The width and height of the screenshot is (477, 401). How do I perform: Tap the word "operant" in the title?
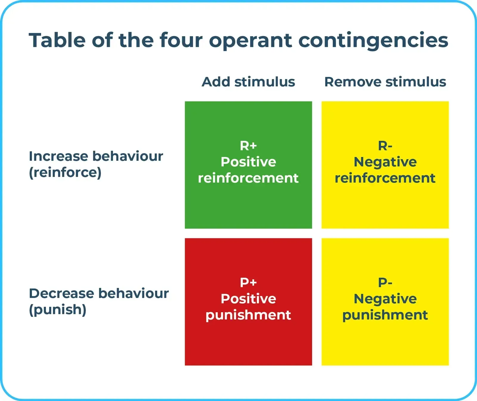point(251,41)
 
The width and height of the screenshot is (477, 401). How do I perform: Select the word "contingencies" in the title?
point(373,41)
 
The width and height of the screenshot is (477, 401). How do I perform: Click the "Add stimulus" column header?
point(248,82)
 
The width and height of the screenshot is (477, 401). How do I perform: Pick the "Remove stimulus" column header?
point(385,82)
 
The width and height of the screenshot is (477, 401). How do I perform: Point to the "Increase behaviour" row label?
point(96,156)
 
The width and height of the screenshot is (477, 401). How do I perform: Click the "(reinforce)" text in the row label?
point(65,172)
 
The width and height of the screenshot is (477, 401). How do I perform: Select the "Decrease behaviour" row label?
point(99,293)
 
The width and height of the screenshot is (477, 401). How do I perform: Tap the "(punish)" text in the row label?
point(58,310)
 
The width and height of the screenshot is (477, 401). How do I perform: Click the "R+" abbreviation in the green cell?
point(248,146)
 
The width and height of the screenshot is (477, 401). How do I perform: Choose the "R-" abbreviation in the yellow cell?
point(385,146)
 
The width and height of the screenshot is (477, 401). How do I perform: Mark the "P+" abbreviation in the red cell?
point(248,282)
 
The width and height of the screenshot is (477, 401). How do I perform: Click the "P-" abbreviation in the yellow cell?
point(385,282)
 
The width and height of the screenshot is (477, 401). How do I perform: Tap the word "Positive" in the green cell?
point(248,162)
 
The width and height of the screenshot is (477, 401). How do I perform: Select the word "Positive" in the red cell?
point(248,299)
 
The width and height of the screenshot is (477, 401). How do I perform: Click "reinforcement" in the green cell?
point(248,178)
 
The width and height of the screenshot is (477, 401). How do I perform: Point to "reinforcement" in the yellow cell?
point(385,178)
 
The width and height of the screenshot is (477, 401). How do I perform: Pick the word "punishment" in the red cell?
point(248,315)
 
